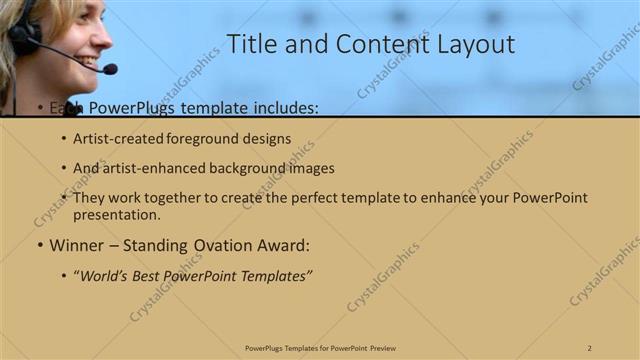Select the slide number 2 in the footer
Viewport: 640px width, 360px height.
click(x=590, y=347)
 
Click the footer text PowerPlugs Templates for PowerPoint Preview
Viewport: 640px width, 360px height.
click(x=320, y=347)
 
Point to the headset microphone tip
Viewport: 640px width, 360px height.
click(x=109, y=69)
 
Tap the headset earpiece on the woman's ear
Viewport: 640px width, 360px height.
click(x=22, y=37)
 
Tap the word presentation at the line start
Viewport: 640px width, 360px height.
click(x=116, y=214)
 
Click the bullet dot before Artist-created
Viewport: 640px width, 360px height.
click(x=64, y=140)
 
